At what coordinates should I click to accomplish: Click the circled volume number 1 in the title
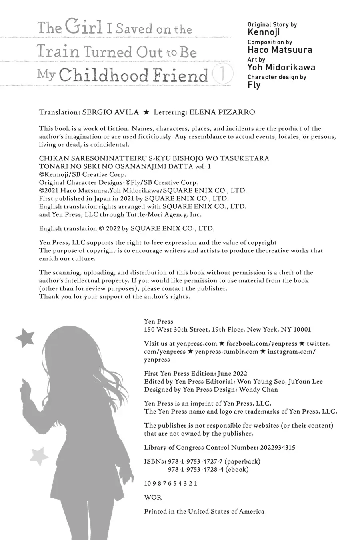pos(222,74)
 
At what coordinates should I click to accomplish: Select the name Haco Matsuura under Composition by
pos(280,50)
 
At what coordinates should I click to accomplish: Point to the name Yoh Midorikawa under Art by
pos(281,68)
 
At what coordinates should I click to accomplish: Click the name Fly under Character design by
pos(254,85)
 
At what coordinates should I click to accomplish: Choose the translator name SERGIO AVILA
pos(110,112)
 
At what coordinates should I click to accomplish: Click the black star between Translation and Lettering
pos(146,112)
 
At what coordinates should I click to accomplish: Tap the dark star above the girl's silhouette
pos(25,338)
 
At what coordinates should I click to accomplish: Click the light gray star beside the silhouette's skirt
pos(39,456)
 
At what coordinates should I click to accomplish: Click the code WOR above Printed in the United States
pos(153,497)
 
